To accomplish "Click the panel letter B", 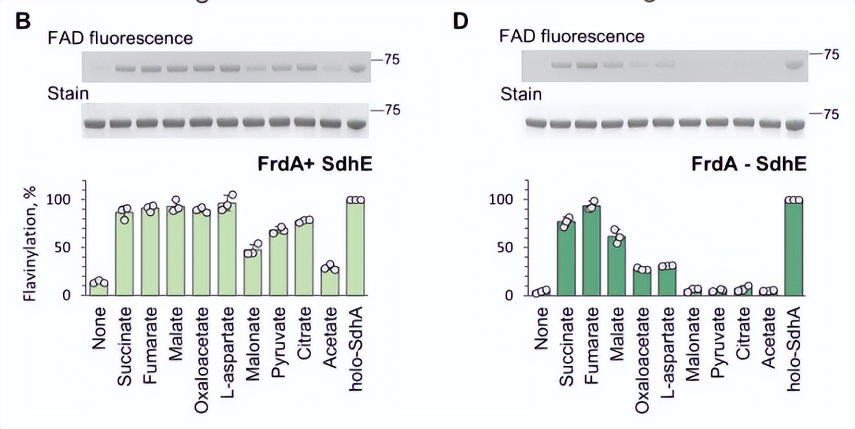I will coord(23,21).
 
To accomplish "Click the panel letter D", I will coord(460,21).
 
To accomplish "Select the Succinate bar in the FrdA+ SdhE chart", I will coord(125,254).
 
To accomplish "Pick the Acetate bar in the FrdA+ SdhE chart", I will coord(330,281).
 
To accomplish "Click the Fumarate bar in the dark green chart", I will coord(591,251).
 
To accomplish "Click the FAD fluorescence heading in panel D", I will coord(572,36).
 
